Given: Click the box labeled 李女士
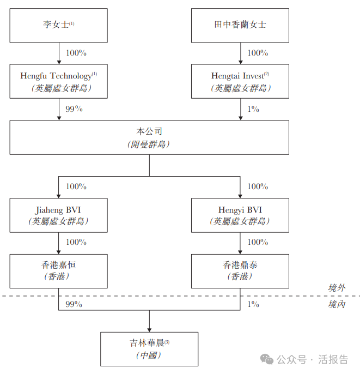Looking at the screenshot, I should point(58,25).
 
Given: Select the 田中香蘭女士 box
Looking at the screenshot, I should point(240,25).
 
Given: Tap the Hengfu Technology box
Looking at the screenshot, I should point(58,81).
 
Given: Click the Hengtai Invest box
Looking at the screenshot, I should point(240,81).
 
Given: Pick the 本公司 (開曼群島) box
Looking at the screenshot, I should point(149,137).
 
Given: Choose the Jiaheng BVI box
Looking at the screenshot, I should point(58,215).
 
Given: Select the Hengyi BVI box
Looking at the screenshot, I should point(240,215).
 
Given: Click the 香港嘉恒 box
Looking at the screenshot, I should point(58,270).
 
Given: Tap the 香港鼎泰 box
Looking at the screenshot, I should point(240,270).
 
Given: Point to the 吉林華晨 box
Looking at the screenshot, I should point(149,348).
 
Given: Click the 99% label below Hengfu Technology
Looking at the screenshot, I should point(74,109).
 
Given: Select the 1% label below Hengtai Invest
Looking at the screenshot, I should point(253,109).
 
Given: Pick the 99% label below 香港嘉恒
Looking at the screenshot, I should point(74,304).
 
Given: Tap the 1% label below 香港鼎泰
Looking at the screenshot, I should point(253,304).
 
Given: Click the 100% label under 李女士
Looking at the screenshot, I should point(76,53).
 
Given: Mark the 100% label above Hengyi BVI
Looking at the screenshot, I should point(258,186).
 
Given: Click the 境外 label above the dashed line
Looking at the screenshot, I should point(337,288).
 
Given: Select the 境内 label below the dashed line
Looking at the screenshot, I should point(337,304).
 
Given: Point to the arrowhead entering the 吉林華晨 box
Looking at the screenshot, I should point(149,329).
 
